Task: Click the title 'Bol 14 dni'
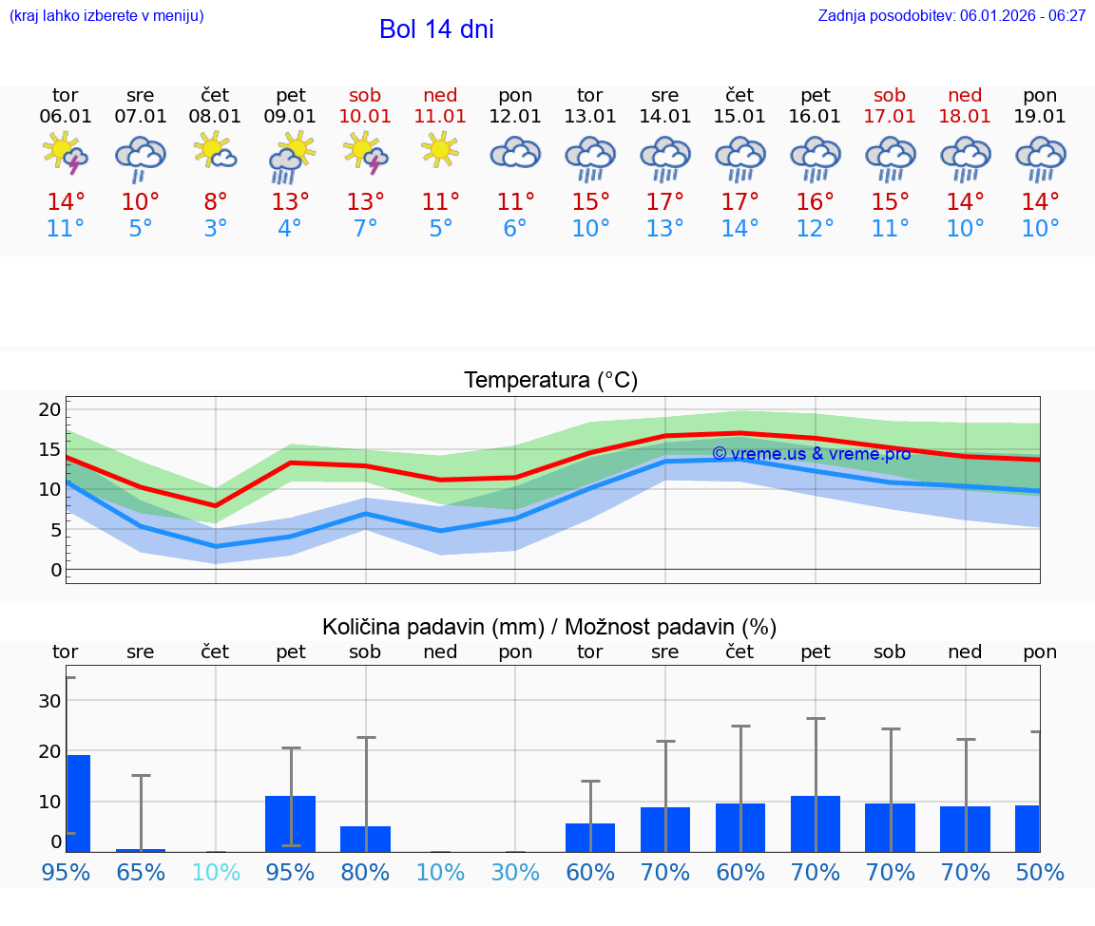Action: [436, 29]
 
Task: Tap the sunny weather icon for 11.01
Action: [440, 150]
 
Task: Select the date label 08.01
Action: [215, 117]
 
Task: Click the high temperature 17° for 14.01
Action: [664, 202]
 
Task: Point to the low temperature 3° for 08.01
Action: [215, 229]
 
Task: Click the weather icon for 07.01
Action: [141, 156]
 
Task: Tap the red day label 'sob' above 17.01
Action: [890, 95]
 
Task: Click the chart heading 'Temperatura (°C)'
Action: [550, 381]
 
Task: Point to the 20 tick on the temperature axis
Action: [49, 410]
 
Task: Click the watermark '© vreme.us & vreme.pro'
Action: [812, 454]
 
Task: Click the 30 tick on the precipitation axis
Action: [49, 701]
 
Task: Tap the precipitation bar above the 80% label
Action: [365, 839]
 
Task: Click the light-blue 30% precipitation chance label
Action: [515, 873]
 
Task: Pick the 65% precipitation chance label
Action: [141, 873]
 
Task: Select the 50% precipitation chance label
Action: [1040, 873]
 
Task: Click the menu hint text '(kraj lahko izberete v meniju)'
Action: [106, 15]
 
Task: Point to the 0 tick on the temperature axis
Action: [55, 570]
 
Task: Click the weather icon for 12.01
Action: [515, 153]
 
